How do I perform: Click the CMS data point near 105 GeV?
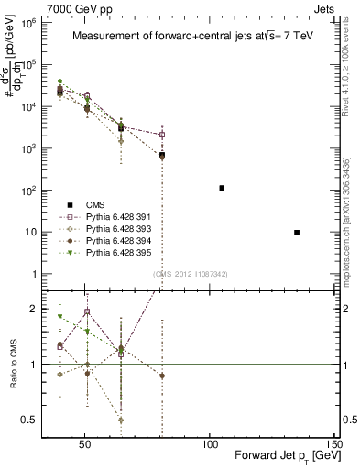[222, 188]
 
